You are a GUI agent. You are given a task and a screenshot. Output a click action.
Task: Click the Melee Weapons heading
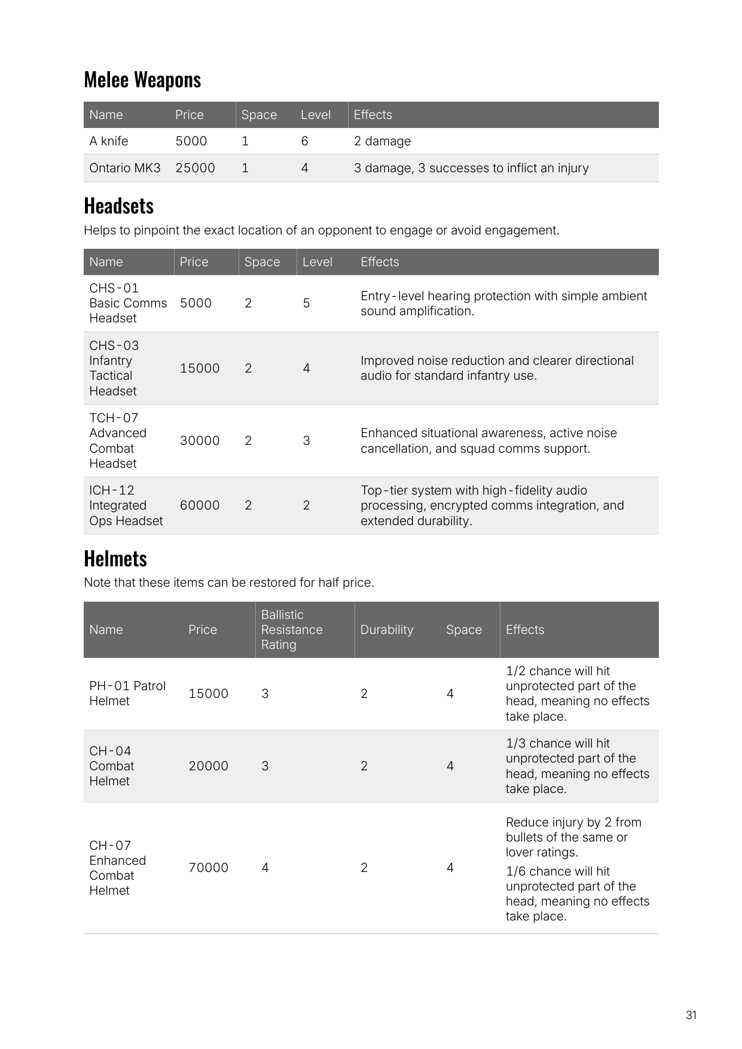coord(142,80)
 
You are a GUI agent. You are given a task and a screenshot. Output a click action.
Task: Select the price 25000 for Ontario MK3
coord(195,168)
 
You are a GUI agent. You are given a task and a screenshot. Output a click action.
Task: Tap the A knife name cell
coord(109,141)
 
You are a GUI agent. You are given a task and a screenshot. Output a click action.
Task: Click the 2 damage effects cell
coord(382,141)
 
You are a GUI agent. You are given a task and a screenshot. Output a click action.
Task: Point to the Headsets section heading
coord(119,206)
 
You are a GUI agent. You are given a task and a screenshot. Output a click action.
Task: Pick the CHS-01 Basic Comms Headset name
coord(128,303)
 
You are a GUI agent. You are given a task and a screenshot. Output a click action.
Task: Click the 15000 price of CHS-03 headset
coord(200,368)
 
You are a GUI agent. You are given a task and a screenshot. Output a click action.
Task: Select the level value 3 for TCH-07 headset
coord(306,441)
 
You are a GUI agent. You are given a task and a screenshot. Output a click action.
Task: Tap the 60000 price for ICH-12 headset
coord(200,505)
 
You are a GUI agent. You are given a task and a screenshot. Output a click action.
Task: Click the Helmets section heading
coord(115,559)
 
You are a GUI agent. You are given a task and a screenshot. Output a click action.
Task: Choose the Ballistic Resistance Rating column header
coord(292,630)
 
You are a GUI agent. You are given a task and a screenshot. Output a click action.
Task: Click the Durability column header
coord(387,630)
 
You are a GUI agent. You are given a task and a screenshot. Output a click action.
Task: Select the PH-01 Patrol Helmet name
coord(127,693)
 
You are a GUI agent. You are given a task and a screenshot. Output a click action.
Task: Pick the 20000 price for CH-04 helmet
coord(208,766)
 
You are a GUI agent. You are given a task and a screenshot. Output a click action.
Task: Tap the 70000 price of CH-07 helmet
coord(208,868)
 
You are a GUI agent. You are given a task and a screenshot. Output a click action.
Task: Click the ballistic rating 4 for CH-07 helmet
coord(265,868)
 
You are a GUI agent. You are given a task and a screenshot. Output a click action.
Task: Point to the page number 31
coord(691,1015)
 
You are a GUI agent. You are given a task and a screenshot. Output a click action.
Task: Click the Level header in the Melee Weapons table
coord(316,115)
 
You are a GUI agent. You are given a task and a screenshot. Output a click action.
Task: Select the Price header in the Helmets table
coord(203,630)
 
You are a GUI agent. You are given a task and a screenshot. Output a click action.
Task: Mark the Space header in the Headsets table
coord(262,262)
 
